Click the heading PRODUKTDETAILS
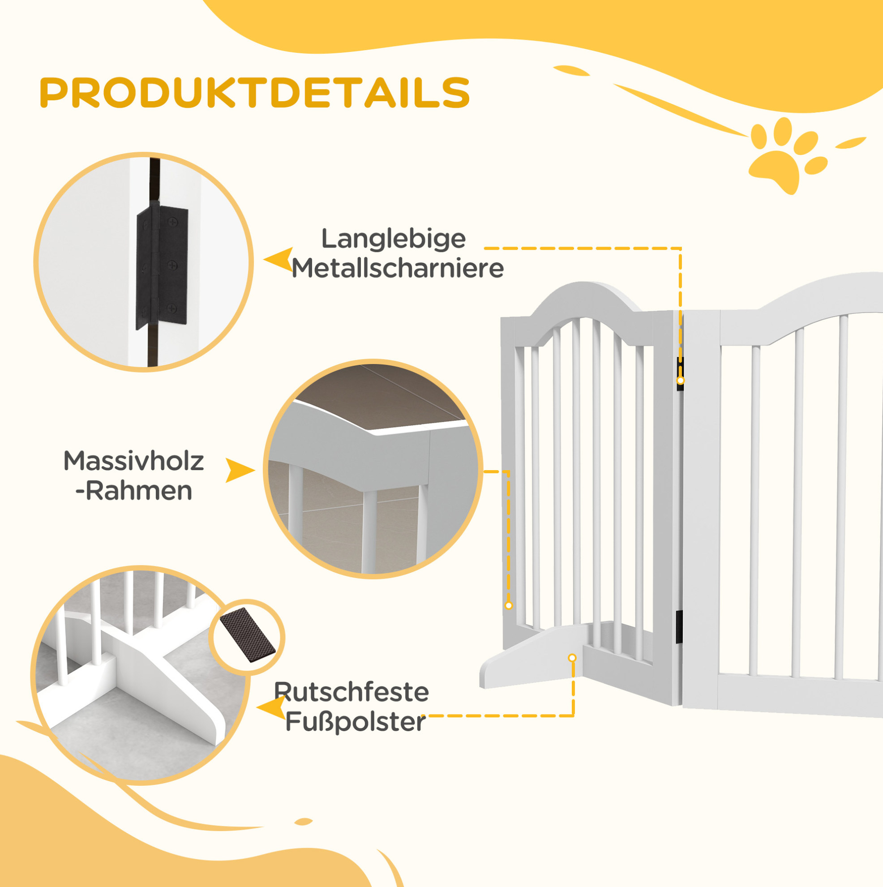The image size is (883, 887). click(x=255, y=93)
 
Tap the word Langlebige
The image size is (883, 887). click(x=394, y=239)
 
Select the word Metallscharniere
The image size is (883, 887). click(x=398, y=268)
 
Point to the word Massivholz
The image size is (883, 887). click(x=133, y=461)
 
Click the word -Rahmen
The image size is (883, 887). click(x=133, y=491)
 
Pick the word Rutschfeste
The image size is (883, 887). click(x=351, y=692)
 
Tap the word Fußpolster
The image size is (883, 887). click(x=356, y=722)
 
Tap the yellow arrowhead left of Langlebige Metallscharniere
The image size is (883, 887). click(x=278, y=260)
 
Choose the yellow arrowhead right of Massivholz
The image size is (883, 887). click(x=240, y=470)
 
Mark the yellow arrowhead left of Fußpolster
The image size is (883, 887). click(x=271, y=708)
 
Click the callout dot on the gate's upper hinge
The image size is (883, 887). click(x=681, y=380)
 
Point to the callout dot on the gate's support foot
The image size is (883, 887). click(x=572, y=658)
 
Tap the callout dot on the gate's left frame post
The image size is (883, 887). click(x=509, y=605)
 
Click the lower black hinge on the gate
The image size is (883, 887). click(x=679, y=626)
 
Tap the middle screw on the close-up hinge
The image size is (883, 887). click(x=172, y=266)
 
